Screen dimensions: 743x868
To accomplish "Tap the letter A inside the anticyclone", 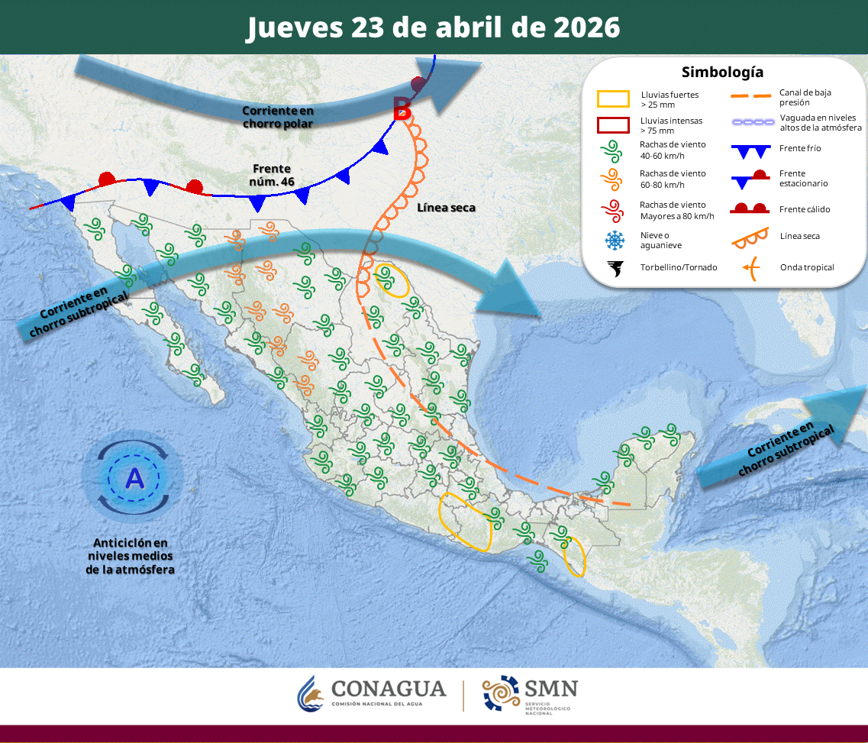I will [x=134, y=478].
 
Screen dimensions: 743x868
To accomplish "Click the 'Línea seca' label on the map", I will [x=446, y=207].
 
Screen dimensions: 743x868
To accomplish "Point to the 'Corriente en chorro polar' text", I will [x=278, y=116].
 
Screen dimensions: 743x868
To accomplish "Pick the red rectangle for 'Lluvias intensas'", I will [x=613, y=125].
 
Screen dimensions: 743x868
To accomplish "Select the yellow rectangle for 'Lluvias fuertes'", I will [x=613, y=99].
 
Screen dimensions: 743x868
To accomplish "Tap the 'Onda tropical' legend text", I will [x=807, y=267].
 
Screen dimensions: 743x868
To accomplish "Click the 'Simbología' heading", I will [x=722, y=73].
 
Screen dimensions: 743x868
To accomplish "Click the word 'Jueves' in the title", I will [x=294, y=27].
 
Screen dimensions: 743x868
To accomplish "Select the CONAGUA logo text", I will [x=389, y=689].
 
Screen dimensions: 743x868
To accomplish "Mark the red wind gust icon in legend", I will [x=612, y=210].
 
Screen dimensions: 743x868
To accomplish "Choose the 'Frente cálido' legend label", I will [x=805, y=209].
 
